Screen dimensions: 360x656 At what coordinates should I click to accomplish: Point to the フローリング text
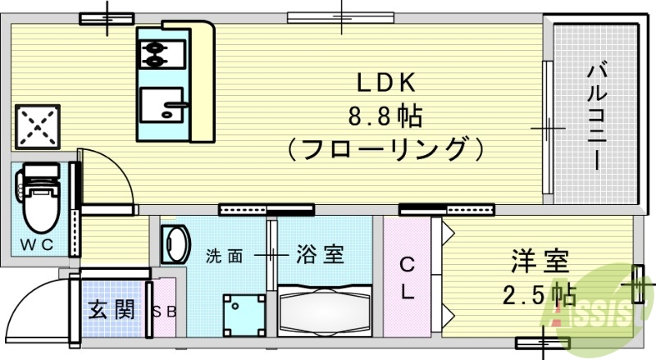click(x=385, y=149)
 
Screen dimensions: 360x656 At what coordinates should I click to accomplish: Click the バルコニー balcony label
click(x=595, y=115)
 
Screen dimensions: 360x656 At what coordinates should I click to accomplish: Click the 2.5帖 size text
click(x=538, y=293)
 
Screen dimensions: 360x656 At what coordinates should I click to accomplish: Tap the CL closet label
click(x=407, y=279)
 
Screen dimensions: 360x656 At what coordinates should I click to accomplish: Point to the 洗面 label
click(x=224, y=256)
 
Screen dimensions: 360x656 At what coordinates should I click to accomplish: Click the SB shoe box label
click(x=165, y=311)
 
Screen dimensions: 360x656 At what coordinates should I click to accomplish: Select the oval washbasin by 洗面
click(x=175, y=244)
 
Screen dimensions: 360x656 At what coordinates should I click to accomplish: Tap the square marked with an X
click(x=34, y=126)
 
